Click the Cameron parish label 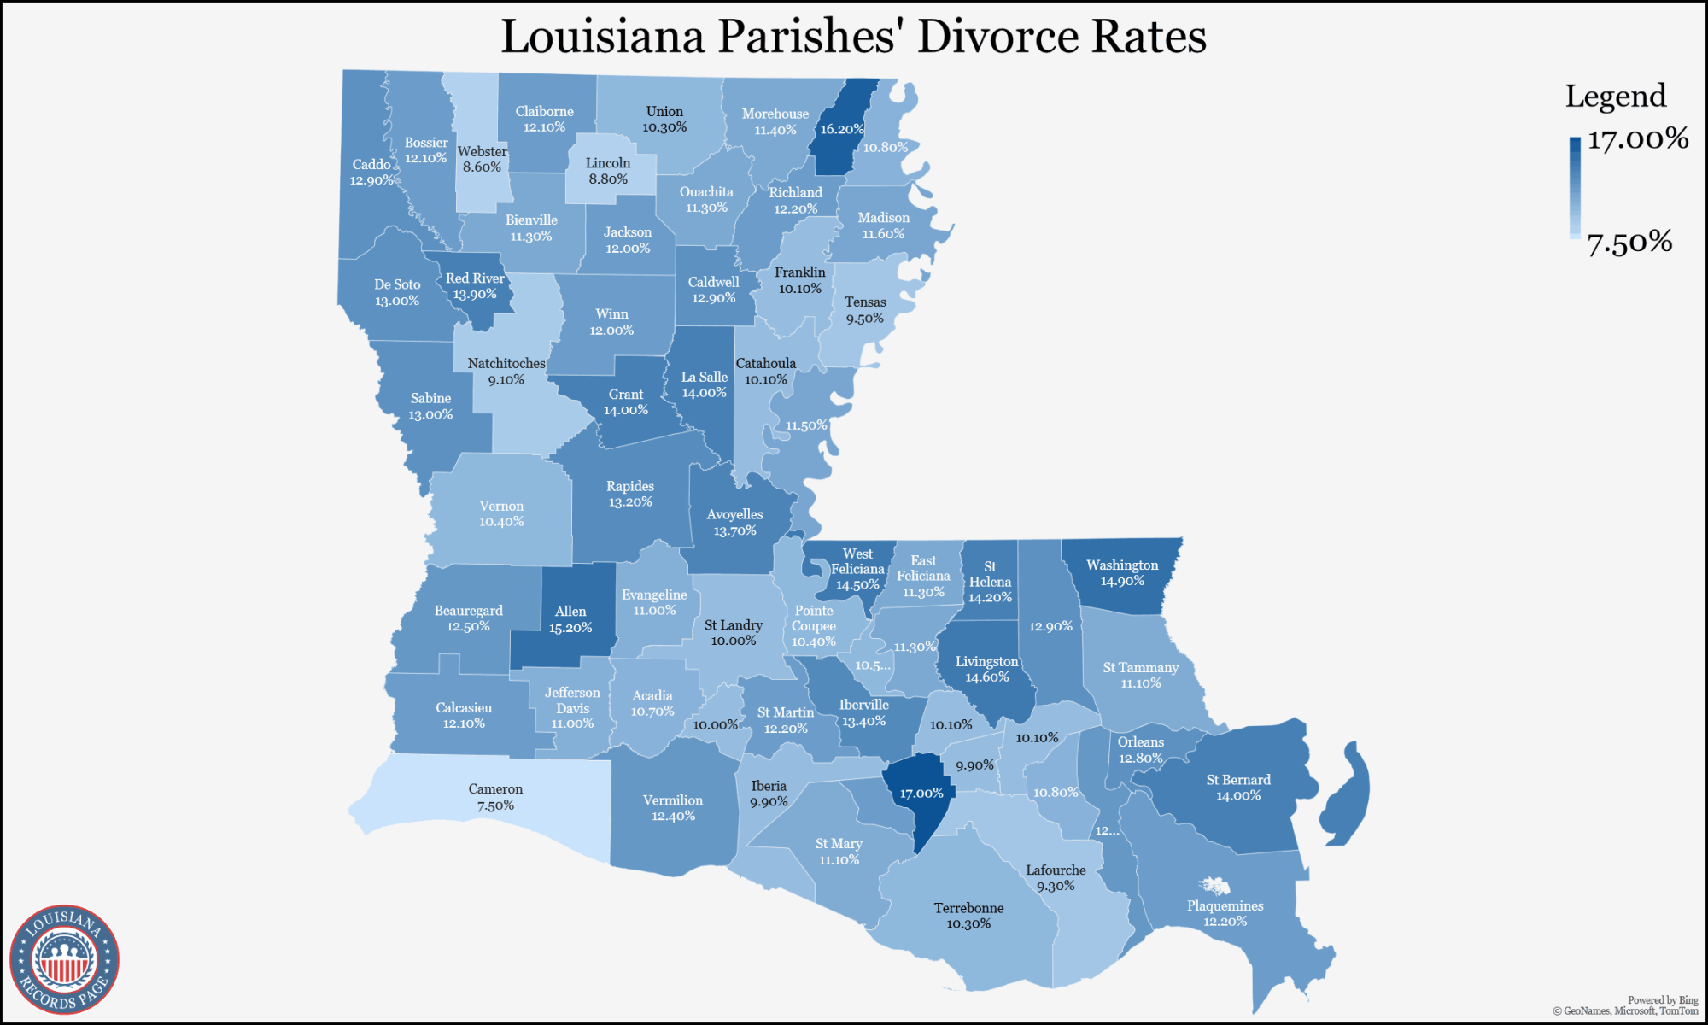coord(495,797)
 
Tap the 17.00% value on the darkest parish coord(921,794)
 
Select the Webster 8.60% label coord(483,159)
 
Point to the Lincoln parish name coord(608,163)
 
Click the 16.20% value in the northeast coord(842,130)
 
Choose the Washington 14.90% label coord(1122,573)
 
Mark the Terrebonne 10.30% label coord(968,916)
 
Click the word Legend coord(1615,97)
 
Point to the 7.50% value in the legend coord(1629,243)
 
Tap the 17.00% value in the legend coord(1637,139)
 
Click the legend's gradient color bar coord(1575,188)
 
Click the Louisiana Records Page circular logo coord(64,959)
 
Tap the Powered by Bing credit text coord(1662,1000)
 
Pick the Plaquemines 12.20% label coord(1225,913)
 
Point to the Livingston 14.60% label coord(986,669)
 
